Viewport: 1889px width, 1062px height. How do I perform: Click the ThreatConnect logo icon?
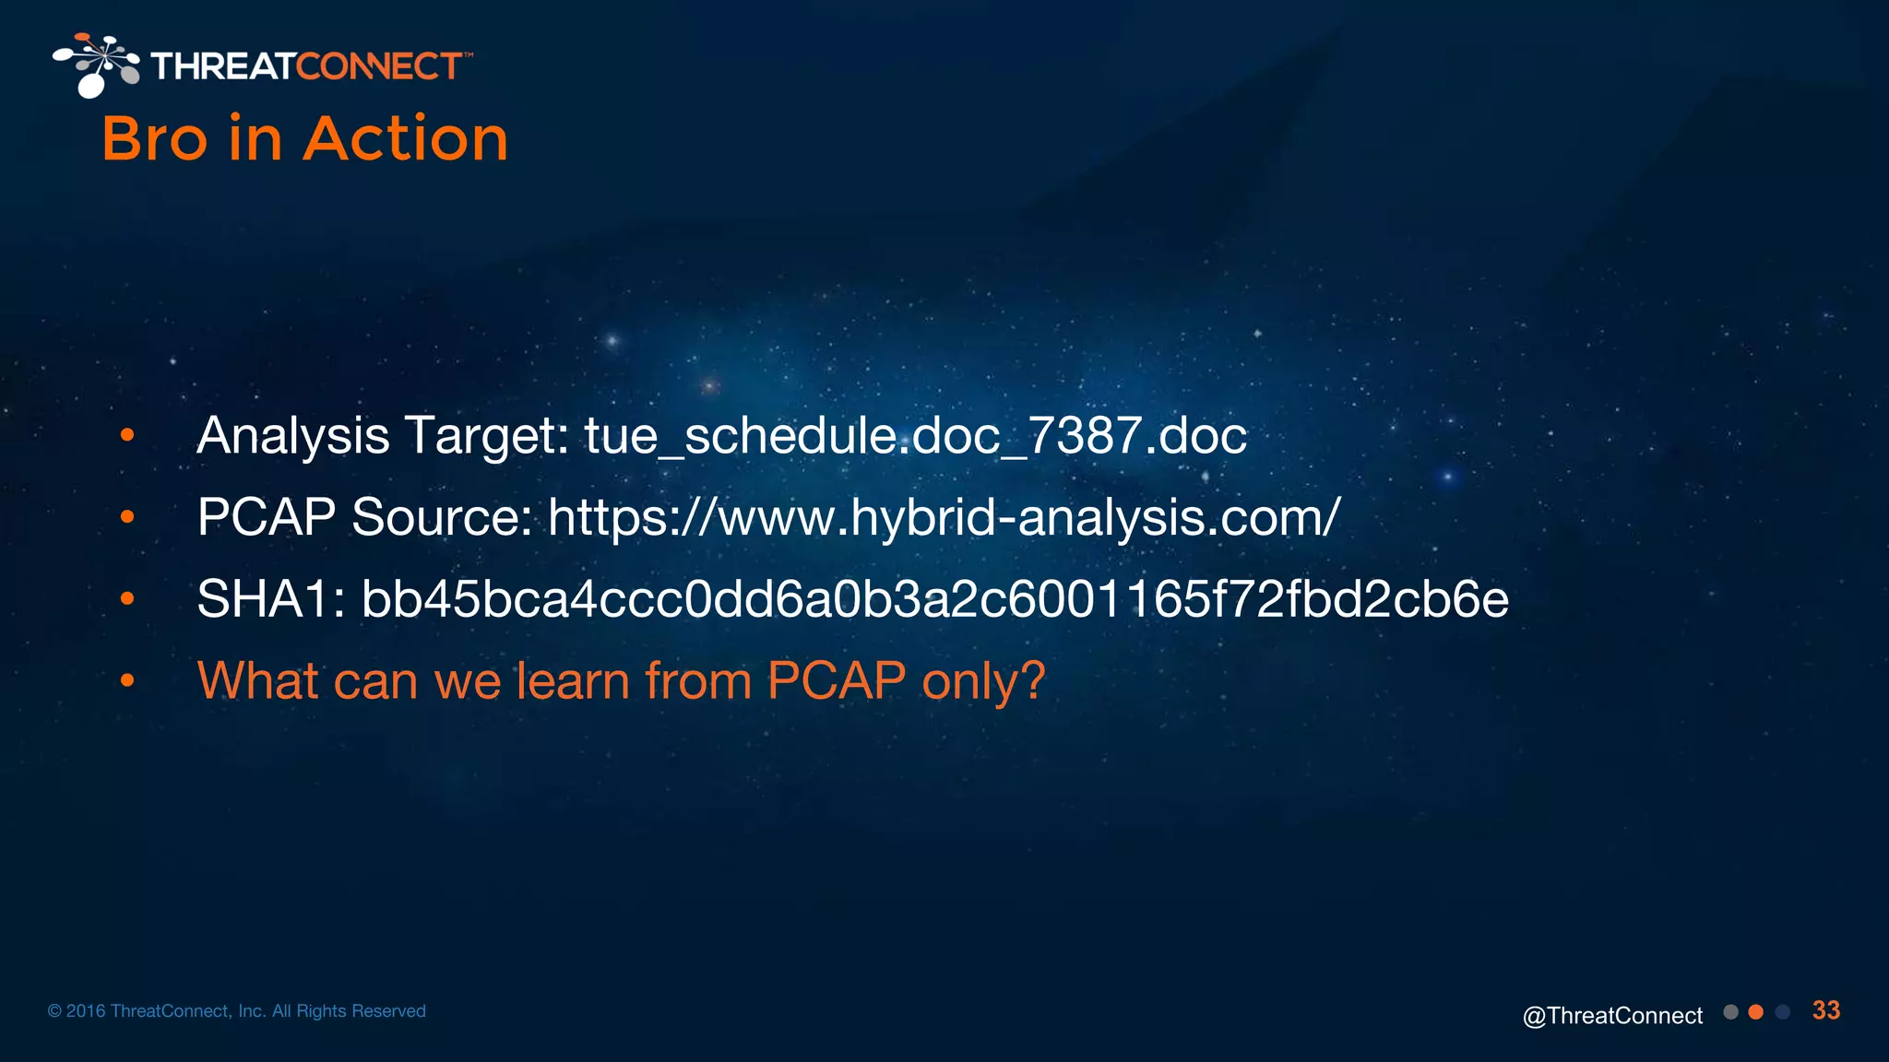click(x=96, y=65)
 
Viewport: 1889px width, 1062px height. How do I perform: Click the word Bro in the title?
click(x=154, y=139)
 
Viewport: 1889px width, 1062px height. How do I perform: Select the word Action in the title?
click(x=406, y=139)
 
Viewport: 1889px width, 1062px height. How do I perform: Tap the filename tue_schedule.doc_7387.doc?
click(x=915, y=435)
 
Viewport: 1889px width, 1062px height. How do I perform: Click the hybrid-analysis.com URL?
click(x=944, y=517)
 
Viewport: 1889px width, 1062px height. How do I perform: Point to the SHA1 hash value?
click(x=934, y=599)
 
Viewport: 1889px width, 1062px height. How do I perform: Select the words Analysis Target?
click(x=383, y=435)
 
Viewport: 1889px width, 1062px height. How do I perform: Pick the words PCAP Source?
click(x=365, y=517)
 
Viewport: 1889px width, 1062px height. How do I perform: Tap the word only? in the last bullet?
click(x=983, y=681)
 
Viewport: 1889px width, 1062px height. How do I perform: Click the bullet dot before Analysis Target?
click(x=127, y=435)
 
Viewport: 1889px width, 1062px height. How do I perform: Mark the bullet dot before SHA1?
click(x=127, y=599)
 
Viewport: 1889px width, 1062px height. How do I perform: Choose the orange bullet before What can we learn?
click(x=127, y=681)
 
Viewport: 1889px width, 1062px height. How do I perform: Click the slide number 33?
click(x=1825, y=1010)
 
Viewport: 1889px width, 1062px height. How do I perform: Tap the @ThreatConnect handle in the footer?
click(x=1612, y=1015)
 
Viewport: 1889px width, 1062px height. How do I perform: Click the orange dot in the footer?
click(x=1756, y=1012)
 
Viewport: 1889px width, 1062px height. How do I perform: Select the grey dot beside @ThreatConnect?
click(x=1730, y=1012)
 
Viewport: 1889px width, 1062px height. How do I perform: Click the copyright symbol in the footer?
click(x=54, y=1011)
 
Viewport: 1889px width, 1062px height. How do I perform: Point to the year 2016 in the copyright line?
click(x=86, y=1011)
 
